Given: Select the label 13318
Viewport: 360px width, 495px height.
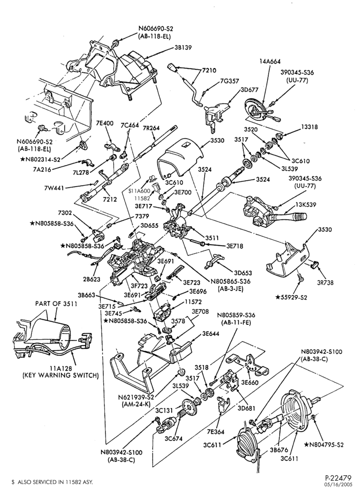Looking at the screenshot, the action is coord(309,127).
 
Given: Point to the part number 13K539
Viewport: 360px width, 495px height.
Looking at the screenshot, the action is coord(306,205).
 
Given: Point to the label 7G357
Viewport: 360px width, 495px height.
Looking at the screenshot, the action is coord(228,81).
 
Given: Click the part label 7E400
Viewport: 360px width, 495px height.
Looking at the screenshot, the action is coord(104,123).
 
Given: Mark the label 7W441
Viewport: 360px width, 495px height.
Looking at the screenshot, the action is coord(55,188).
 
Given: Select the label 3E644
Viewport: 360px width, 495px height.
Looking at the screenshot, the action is coord(211,334).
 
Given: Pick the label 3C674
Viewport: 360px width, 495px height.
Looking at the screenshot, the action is coord(174,438).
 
